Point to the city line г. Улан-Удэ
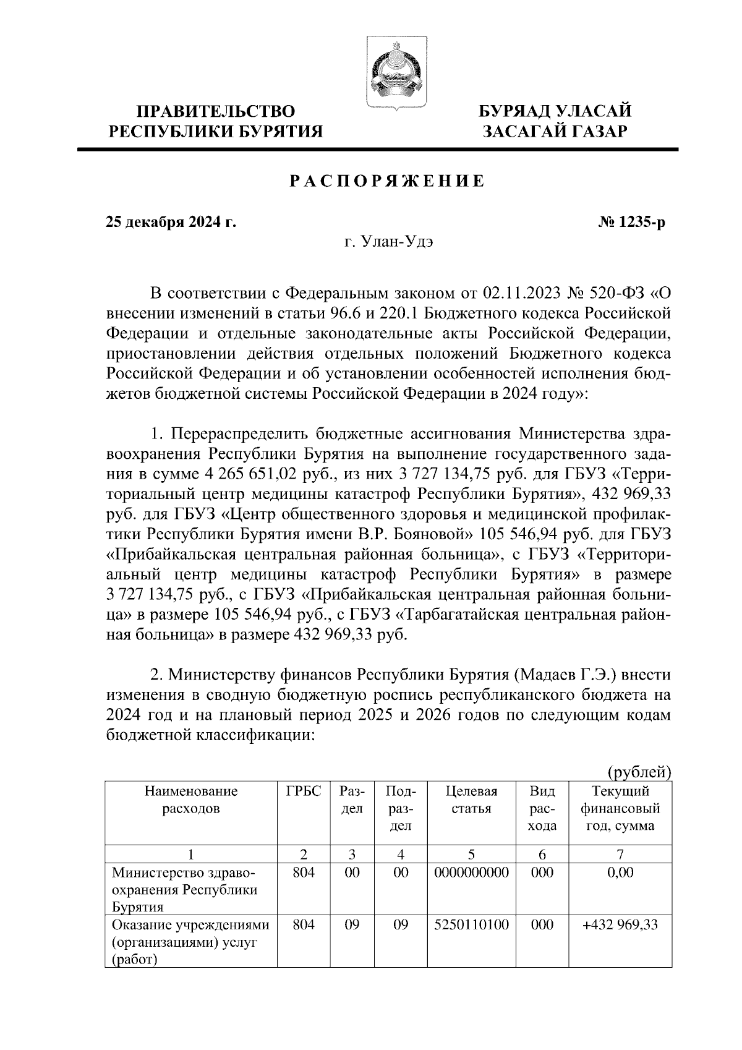(x=389, y=242)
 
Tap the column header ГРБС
(x=304, y=792)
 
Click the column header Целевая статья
(x=471, y=800)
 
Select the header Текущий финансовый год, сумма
(x=620, y=808)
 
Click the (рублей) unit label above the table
(x=639, y=771)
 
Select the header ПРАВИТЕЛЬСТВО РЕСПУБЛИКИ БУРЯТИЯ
(x=216, y=121)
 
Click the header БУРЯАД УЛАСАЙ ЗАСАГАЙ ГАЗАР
(x=556, y=121)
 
